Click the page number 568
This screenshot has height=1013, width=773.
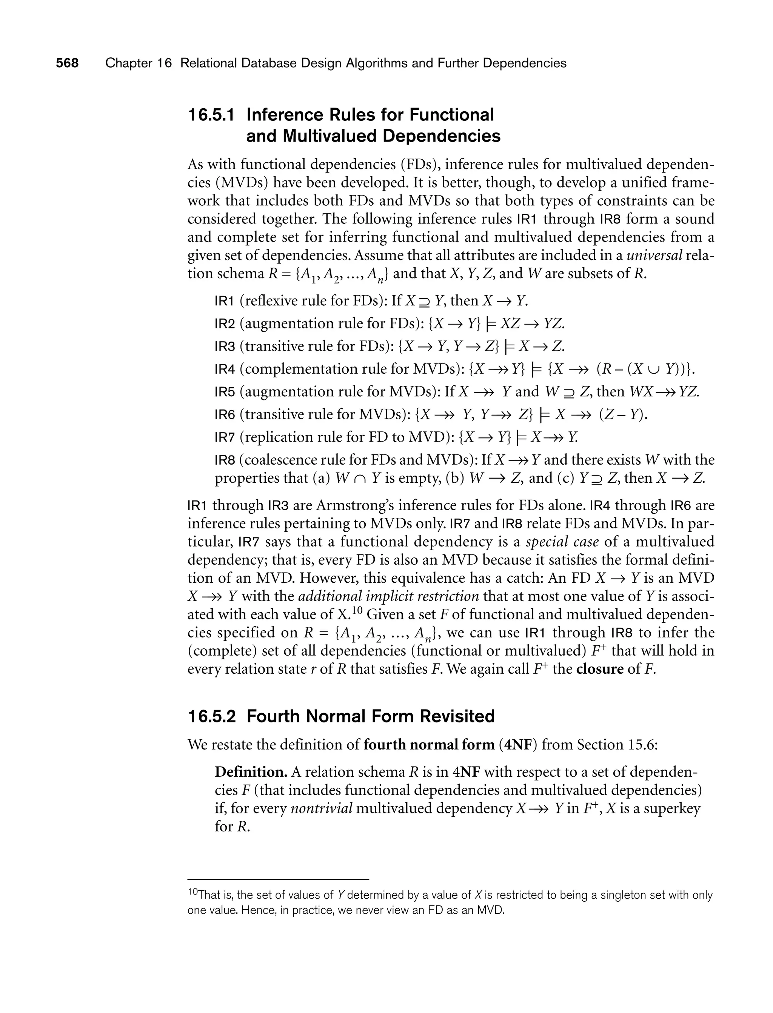67,63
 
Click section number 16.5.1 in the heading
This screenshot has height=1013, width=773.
211,115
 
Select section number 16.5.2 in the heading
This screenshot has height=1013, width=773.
211,716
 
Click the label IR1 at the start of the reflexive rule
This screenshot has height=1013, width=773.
225,301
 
